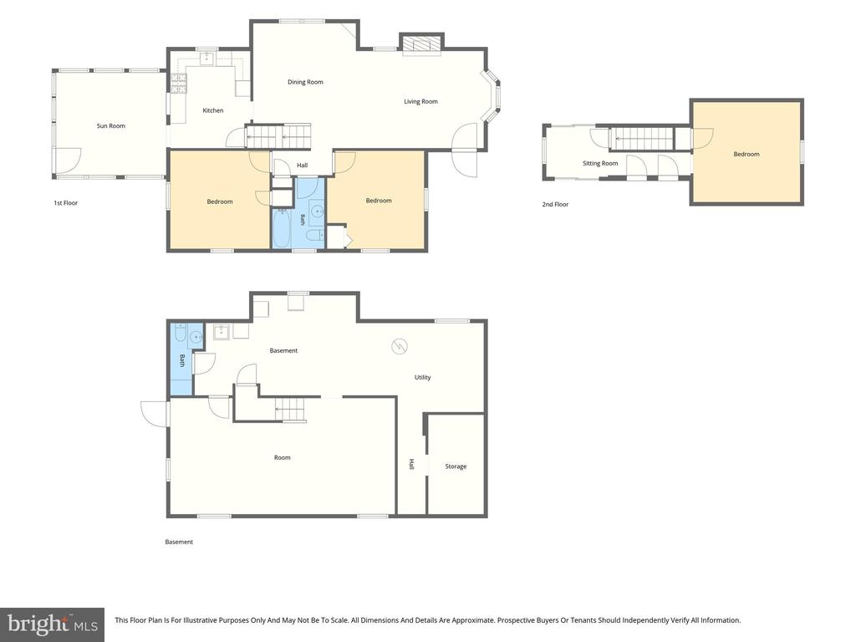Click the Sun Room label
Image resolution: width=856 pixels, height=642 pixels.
tap(111, 126)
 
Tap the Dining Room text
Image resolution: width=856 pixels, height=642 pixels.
tap(305, 83)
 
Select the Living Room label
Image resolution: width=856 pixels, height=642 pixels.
tap(421, 101)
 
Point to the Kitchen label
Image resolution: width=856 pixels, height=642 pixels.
tap(213, 111)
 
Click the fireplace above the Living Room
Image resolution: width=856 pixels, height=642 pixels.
tap(421, 45)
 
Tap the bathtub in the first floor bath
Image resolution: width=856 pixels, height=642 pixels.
tap(283, 227)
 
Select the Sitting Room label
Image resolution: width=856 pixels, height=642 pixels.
tap(600, 164)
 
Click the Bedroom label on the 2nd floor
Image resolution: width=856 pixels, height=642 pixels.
tap(746, 155)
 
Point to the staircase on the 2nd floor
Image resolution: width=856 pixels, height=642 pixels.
tap(641, 138)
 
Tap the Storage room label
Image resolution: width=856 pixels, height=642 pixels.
tap(456, 466)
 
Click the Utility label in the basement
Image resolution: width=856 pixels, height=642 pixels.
tap(422, 378)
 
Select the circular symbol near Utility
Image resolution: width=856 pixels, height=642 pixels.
tap(399, 346)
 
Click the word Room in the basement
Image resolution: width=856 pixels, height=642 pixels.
tap(283, 458)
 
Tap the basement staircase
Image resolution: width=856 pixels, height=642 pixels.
tap(289, 410)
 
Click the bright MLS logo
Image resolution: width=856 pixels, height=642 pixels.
tap(53, 624)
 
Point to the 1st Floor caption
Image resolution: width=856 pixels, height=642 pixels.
tap(65, 203)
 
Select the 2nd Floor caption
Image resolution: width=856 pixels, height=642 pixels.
tap(555, 205)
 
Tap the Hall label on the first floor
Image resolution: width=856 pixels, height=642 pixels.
tap(303, 166)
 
